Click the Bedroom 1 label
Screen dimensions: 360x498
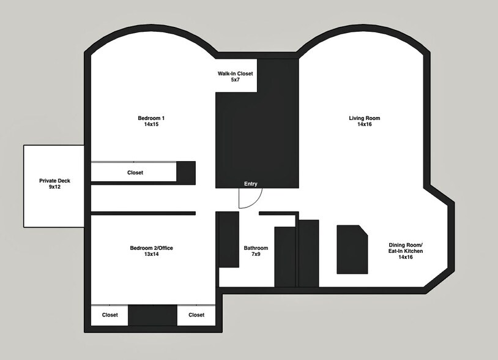[x=151, y=118]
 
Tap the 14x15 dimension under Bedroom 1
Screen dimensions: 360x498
[x=151, y=124]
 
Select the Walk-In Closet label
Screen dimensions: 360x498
[x=236, y=73]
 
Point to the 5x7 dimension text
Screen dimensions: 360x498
[x=236, y=80]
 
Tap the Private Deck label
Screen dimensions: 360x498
[x=54, y=181]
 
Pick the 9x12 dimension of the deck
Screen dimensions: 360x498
[x=54, y=187]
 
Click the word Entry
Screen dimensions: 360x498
[x=251, y=184]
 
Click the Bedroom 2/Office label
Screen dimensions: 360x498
[x=151, y=248]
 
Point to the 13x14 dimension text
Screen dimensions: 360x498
[x=151, y=255]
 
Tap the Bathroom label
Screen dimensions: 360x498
[x=256, y=248]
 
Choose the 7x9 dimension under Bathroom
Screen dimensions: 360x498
[x=256, y=255]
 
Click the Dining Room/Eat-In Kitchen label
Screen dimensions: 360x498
[x=406, y=251]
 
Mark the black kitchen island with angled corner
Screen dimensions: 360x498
[x=352, y=249]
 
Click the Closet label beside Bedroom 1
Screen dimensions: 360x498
[x=135, y=173]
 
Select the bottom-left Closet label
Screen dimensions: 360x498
[x=110, y=315]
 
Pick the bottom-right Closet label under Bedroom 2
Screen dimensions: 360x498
[x=196, y=315]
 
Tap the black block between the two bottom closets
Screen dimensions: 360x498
[x=153, y=315]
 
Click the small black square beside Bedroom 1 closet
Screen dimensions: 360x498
[x=186, y=172]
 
